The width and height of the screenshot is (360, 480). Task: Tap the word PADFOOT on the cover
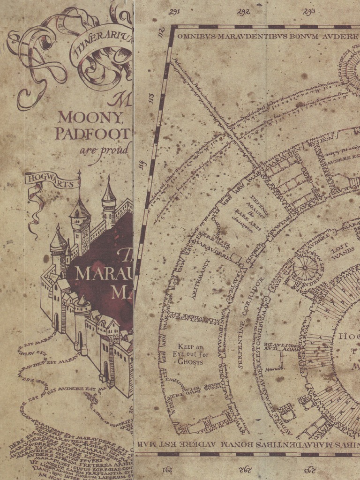point(92,134)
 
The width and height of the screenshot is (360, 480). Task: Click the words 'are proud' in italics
point(104,150)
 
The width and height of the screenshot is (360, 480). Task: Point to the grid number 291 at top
point(175,12)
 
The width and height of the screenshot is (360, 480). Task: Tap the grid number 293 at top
point(309,12)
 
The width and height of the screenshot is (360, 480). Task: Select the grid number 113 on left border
point(151,99)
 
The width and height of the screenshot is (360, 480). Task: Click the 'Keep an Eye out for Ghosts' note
point(190,354)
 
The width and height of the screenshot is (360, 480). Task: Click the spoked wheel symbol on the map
point(305,268)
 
